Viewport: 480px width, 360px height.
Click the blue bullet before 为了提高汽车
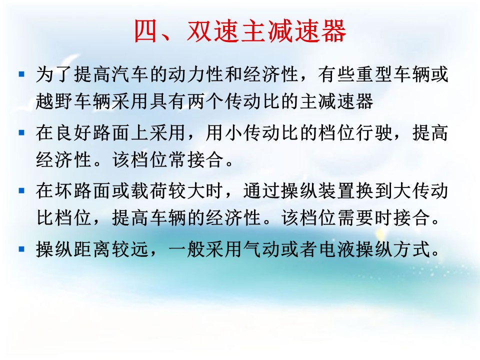(21, 74)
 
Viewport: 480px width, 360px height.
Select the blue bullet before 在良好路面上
(21, 132)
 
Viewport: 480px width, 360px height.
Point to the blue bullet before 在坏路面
(21, 190)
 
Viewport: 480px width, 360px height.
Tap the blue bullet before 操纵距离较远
(21, 249)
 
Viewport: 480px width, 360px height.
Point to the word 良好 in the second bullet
(73, 133)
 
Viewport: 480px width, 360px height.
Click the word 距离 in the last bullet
(92, 249)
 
